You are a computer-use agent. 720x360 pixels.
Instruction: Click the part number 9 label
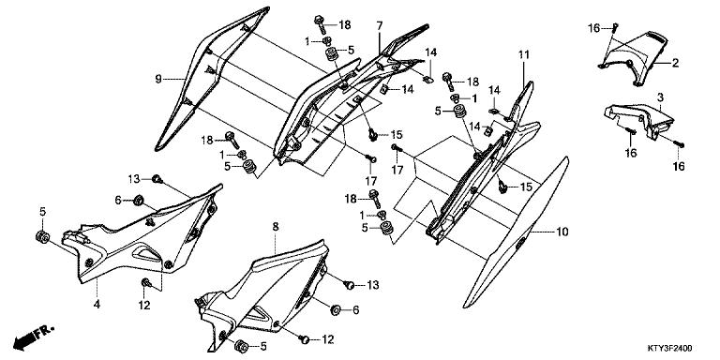(158, 80)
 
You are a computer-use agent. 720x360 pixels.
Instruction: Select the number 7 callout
(380, 26)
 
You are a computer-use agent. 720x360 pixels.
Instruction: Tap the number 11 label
(524, 55)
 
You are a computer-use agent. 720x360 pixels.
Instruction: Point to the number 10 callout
(562, 232)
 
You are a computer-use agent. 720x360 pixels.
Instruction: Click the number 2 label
(675, 63)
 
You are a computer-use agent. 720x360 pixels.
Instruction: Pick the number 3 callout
(660, 97)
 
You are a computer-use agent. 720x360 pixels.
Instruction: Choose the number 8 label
(276, 226)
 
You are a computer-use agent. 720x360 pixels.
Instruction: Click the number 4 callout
(97, 304)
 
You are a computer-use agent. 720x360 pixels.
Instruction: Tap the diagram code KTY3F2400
(669, 349)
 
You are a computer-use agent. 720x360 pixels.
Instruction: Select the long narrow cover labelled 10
(516, 232)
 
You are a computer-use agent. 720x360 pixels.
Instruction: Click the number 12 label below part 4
(144, 306)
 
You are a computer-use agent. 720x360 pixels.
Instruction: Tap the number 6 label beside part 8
(355, 310)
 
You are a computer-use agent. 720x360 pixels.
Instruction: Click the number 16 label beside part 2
(593, 29)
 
